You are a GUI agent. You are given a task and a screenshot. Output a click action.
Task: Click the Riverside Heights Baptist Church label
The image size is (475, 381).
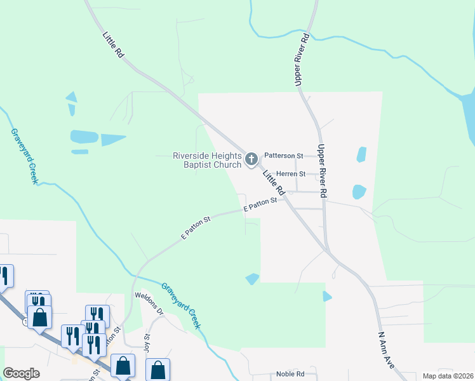[207, 160]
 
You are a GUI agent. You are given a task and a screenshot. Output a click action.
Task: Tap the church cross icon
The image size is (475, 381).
[251, 159]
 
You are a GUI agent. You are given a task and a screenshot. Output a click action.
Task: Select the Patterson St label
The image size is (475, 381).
[283, 155]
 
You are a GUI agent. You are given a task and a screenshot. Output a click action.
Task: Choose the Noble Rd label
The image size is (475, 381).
[290, 375]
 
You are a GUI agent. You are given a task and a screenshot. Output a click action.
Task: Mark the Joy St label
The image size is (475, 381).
[147, 342]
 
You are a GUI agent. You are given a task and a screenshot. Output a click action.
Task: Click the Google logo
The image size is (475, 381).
[22, 373]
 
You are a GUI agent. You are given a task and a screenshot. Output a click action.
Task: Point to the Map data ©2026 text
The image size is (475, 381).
[447, 376]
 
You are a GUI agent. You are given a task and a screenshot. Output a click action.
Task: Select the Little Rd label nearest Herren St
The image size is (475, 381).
[274, 182]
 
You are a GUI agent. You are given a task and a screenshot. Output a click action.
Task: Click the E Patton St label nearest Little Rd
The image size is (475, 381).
[261, 204]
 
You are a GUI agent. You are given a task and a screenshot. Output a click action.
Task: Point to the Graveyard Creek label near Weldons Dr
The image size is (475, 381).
[181, 305]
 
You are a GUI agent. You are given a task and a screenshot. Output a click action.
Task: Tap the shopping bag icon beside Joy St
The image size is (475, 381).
[157, 370]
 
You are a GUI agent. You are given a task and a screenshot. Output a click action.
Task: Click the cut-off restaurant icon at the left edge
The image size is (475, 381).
[4, 276]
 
